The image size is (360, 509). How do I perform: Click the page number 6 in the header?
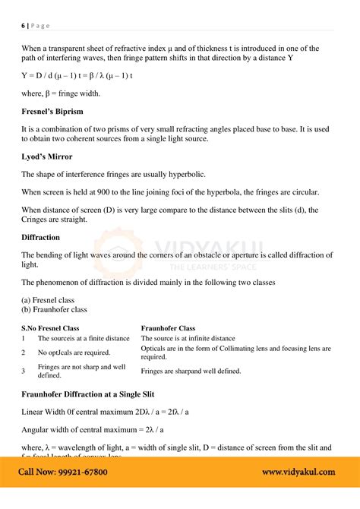(23, 25)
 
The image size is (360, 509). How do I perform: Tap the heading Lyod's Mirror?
(47, 156)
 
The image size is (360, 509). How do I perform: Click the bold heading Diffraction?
(41, 237)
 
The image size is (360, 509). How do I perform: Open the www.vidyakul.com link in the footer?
(298, 472)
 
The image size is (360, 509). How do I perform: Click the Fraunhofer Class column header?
(168, 328)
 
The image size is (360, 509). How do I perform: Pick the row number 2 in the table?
(24, 353)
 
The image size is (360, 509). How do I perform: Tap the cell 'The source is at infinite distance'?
(188, 339)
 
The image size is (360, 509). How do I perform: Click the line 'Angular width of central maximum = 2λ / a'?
(104, 429)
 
